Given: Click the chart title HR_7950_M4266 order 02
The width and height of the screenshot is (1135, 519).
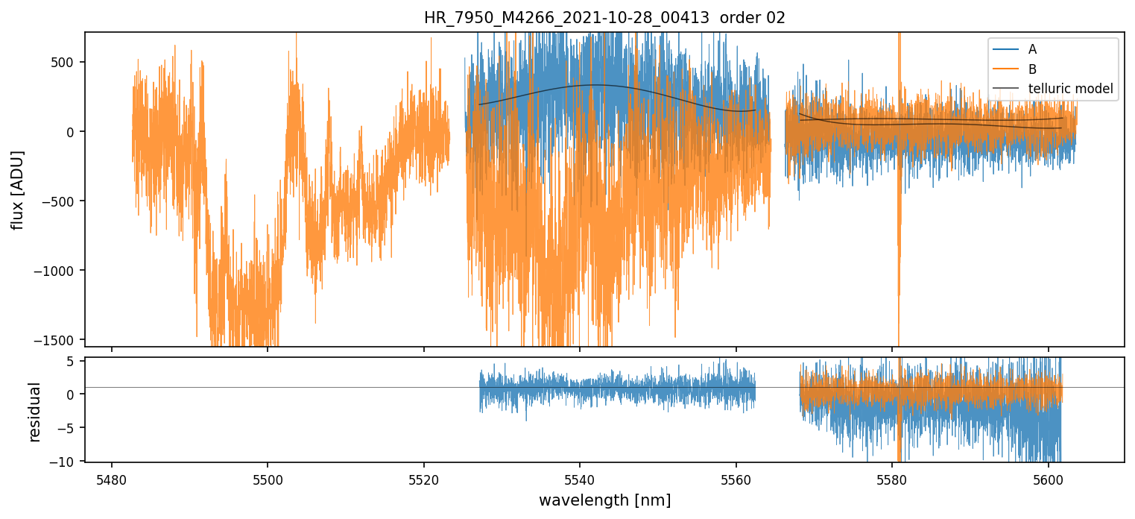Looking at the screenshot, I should point(604,18).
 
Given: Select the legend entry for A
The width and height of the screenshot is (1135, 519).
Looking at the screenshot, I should point(1032,49).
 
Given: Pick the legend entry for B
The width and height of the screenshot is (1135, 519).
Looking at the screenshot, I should point(1032,69).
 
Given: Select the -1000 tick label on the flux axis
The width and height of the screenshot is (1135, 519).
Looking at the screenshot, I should point(60,271).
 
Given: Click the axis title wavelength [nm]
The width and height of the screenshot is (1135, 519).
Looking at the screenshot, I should point(604,500).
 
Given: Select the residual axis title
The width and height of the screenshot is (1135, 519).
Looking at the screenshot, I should point(34,412).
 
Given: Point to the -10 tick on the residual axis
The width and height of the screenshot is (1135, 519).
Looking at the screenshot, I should point(67,462).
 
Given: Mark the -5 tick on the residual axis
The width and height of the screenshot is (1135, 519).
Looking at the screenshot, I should point(70,428).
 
